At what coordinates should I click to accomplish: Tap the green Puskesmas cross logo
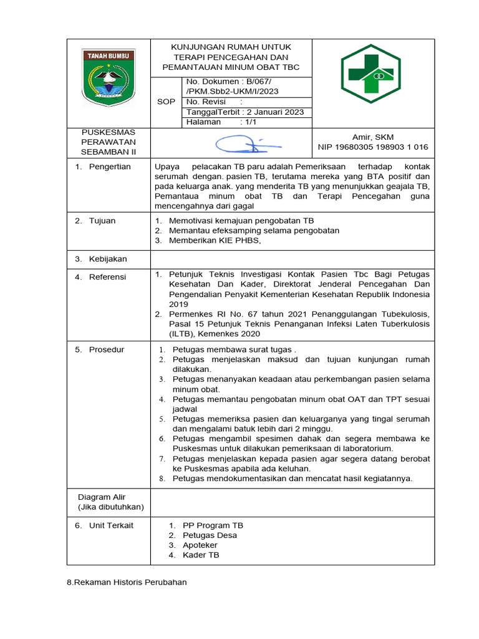[370, 74]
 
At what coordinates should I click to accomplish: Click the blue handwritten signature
[248, 145]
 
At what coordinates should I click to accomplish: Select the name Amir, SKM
[373, 137]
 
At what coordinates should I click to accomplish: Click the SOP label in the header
[166, 102]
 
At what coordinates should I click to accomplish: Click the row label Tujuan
[102, 220]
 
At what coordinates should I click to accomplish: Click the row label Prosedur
[107, 349]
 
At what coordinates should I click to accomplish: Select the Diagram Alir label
[102, 497]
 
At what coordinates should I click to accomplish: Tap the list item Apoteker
[201, 545]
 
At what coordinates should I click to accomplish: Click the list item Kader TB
[201, 555]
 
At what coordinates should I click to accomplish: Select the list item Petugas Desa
[210, 535]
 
